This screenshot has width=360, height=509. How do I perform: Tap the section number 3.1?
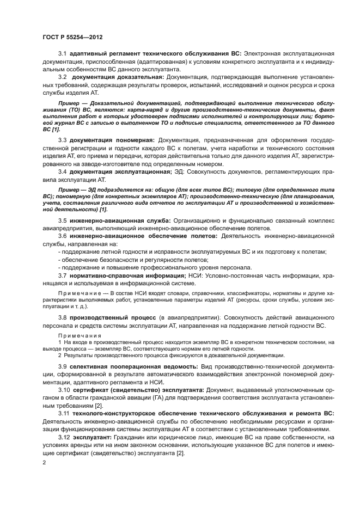point(62,53)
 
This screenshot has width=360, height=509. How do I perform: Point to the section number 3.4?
point(62,172)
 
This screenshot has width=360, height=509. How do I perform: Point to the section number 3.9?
point(62,367)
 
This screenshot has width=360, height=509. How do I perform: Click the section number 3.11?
point(64,414)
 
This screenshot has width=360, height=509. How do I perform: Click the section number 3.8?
point(62,317)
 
